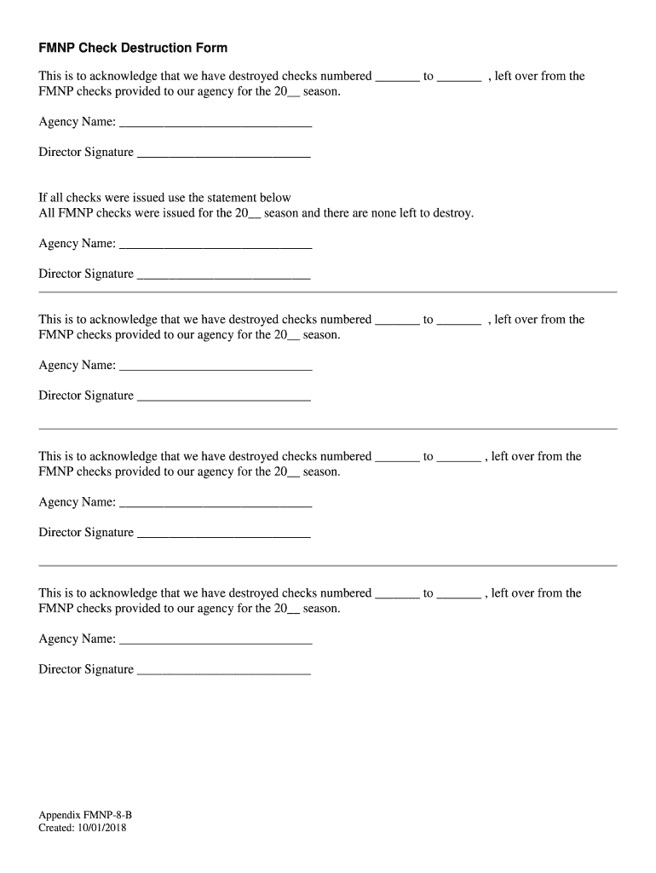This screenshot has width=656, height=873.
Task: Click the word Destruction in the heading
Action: click(151, 48)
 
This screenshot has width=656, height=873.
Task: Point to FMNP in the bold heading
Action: click(56, 48)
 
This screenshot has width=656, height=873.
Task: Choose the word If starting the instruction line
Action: click(43, 198)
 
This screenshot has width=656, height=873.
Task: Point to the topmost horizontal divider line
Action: click(328, 292)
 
